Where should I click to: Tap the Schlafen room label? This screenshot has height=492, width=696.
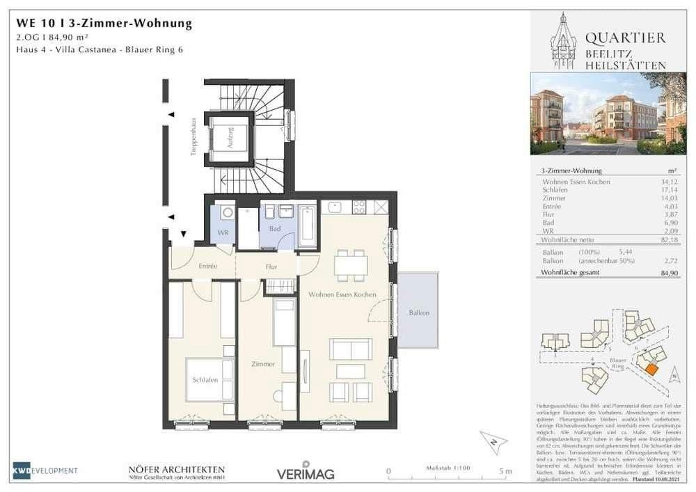206,380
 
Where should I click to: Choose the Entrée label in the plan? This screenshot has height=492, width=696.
208,267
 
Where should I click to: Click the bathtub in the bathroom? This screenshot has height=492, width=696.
307,224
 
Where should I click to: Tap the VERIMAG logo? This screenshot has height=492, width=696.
306,473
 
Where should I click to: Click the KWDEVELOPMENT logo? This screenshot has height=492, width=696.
45,471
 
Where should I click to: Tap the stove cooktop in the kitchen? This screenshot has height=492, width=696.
360,207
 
